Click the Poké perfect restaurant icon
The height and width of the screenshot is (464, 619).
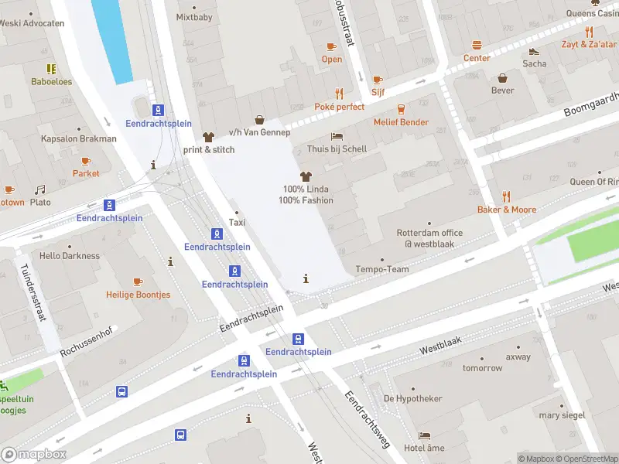pos(338,94)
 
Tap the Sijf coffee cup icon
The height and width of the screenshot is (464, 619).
pos(378,80)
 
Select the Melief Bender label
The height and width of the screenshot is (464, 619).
pos(401,122)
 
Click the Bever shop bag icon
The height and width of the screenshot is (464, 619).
pos(502,78)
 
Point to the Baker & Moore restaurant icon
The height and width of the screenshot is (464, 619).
pos(506,196)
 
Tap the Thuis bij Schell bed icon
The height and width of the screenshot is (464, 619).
pos(337,136)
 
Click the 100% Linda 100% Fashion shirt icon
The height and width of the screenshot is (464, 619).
pos(307,176)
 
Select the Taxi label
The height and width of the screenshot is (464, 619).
pos(238,223)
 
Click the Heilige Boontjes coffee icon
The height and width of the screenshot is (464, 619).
pos(138,282)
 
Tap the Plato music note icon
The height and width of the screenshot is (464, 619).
pos(39,189)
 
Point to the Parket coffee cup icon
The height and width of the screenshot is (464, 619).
pos(86,161)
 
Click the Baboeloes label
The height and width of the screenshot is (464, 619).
pos(51,81)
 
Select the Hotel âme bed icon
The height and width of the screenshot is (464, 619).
pos(424,435)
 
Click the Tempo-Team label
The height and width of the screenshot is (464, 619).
pos(382,270)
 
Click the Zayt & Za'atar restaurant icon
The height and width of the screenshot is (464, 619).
pos(589,32)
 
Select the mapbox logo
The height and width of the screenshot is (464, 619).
pos(34,455)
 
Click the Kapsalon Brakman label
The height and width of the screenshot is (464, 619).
pos(78,139)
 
